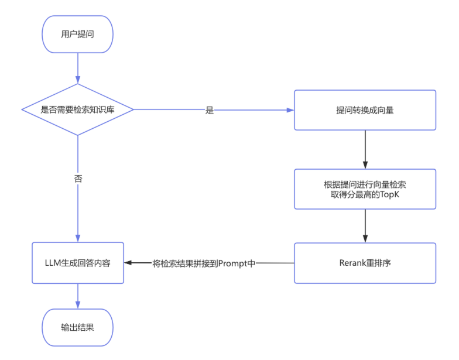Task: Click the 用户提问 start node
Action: click(77, 34)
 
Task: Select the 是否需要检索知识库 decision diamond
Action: click(77, 110)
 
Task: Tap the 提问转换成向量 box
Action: click(365, 110)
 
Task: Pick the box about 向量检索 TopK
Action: click(365, 189)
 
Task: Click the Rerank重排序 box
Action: click(365, 263)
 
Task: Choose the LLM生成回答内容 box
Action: click(78, 263)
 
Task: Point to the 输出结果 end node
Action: click(77, 327)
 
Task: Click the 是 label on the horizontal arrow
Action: click(210, 110)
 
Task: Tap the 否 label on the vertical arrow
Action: click(78, 178)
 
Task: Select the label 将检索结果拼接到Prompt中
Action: click(204, 263)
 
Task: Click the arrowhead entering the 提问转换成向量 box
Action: click(290, 110)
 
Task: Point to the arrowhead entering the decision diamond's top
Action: click(78, 80)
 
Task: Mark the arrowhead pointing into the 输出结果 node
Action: click(78, 305)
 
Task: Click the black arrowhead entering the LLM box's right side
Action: click(128, 263)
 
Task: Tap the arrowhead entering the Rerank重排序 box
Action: click(365, 239)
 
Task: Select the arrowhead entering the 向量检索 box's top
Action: click(365, 165)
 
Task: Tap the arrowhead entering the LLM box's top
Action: click(78, 238)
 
